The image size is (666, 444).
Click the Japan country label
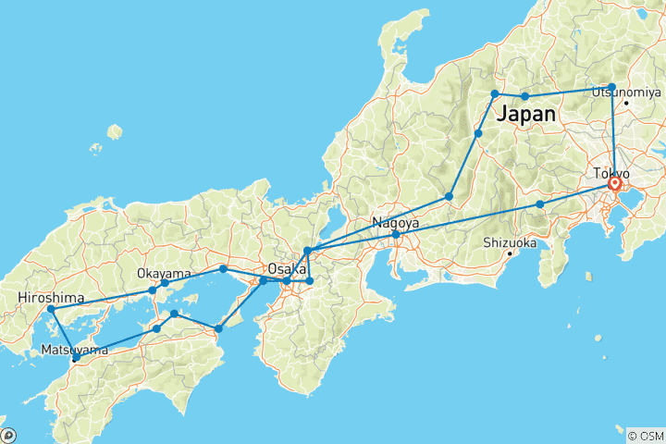click(x=527, y=115)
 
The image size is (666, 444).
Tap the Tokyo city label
click(x=612, y=174)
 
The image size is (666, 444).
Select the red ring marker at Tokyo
click(x=614, y=184)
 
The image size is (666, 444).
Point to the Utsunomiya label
click(x=626, y=92)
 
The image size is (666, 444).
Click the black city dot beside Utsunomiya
click(x=626, y=103)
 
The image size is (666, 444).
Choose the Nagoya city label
click(x=395, y=223)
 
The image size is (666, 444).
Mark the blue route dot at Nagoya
click(x=395, y=235)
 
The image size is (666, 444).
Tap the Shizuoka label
click(x=510, y=242)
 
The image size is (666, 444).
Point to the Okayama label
click(x=164, y=273)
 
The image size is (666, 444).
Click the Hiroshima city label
click(x=51, y=298)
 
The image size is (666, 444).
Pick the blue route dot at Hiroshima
click(x=51, y=309)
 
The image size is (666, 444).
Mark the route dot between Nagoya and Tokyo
click(x=540, y=203)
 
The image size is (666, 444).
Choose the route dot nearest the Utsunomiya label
click(x=611, y=87)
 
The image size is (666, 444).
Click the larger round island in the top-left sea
click(x=114, y=131)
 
